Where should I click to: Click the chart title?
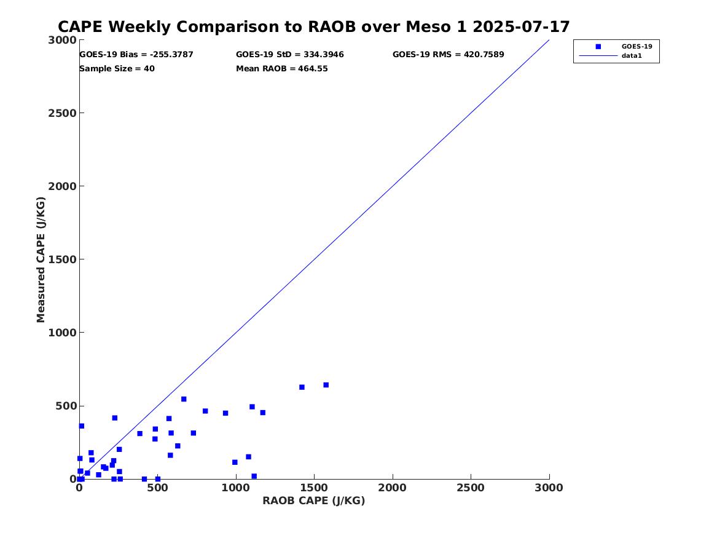pyautogui.click(x=314, y=27)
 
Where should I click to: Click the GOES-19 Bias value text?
pyautogui.click(x=136, y=55)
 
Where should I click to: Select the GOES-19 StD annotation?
pyautogui.click(x=290, y=55)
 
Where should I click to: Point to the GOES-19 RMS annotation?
pyautogui.click(x=449, y=55)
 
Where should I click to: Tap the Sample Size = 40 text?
pyautogui.click(x=117, y=69)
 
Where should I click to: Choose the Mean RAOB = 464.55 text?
pyautogui.click(x=282, y=69)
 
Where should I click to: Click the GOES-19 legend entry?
pyautogui.click(x=637, y=46)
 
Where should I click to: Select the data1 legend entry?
pyautogui.click(x=630, y=56)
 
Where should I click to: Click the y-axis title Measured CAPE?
pyautogui.click(x=41, y=259)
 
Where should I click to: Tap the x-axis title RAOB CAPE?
pyautogui.click(x=314, y=500)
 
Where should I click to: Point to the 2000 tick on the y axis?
pyautogui.click(x=63, y=186)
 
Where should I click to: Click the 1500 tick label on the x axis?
pyautogui.click(x=314, y=488)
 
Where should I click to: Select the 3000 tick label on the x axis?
pyautogui.click(x=549, y=488)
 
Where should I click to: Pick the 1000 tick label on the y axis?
pyautogui.click(x=63, y=333)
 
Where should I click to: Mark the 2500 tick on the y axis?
pyautogui.click(x=63, y=113)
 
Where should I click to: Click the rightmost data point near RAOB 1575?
pyautogui.click(x=326, y=385)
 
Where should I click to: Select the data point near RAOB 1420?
pyautogui.click(x=302, y=387)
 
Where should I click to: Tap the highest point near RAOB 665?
pyautogui.click(x=184, y=399)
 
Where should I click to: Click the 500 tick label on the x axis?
pyautogui.click(x=157, y=488)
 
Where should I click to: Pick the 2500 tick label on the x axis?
pyautogui.click(x=471, y=488)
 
